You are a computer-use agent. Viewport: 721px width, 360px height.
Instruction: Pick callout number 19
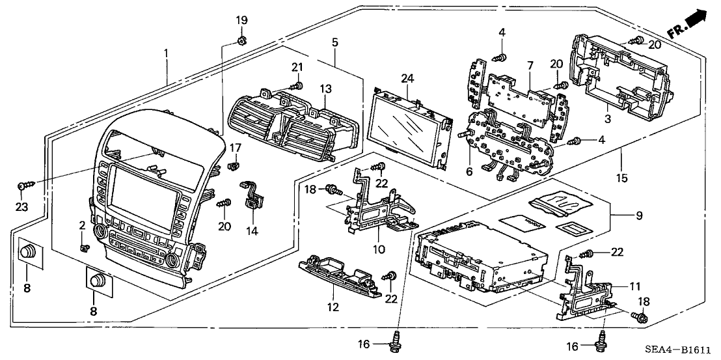point(241,20)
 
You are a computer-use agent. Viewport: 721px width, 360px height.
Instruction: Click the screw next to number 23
point(23,187)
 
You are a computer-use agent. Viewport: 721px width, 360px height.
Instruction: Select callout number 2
point(83,225)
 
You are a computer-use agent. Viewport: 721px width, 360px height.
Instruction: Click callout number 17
point(236,148)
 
